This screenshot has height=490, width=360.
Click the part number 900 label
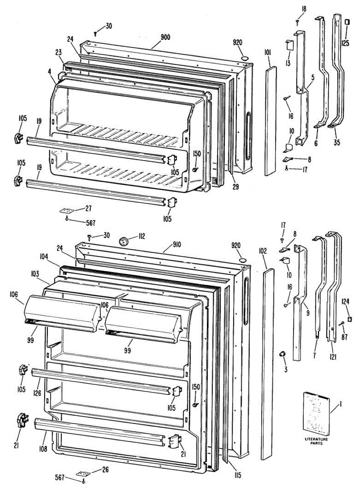click(x=165, y=37)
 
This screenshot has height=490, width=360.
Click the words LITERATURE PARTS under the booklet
click(x=316, y=441)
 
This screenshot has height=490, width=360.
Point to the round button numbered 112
click(x=124, y=241)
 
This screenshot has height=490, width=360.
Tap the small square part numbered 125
click(x=347, y=21)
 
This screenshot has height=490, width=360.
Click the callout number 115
click(x=238, y=475)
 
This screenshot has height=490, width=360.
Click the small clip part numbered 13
click(x=289, y=45)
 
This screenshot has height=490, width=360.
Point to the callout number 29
click(x=236, y=187)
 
